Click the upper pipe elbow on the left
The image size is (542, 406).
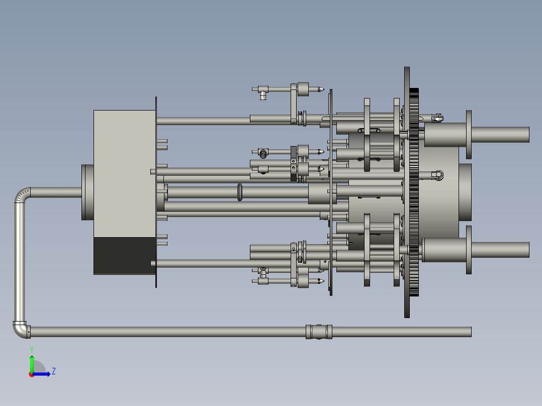(21, 194)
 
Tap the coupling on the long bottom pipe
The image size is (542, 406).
(319, 332)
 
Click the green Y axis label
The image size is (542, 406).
(32, 350)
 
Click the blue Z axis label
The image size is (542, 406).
(54, 371)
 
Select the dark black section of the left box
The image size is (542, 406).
(125, 256)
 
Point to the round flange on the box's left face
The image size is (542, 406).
(87, 192)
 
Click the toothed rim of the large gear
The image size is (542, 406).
(414, 192)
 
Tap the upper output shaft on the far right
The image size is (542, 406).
(500, 134)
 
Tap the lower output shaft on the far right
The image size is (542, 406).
(500, 250)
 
